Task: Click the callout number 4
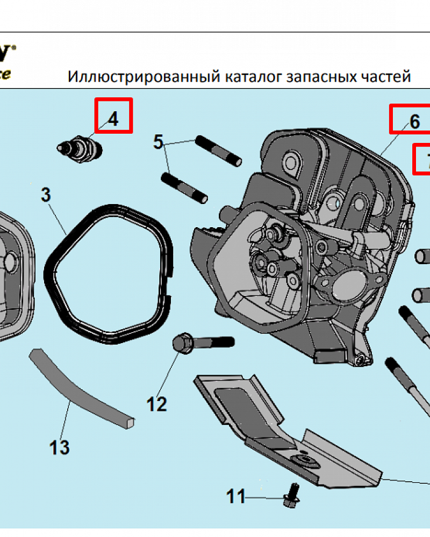tap(113, 119)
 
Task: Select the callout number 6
tap(414, 121)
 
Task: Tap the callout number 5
tap(158, 142)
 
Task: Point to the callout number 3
tap(46, 195)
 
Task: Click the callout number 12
tap(157, 403)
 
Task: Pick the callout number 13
tap(60, 446)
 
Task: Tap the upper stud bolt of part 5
tap(218, 151)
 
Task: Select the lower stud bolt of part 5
tap(184, 187)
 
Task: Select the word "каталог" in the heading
tap(252, 77)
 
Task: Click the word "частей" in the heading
tap(386, 77)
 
